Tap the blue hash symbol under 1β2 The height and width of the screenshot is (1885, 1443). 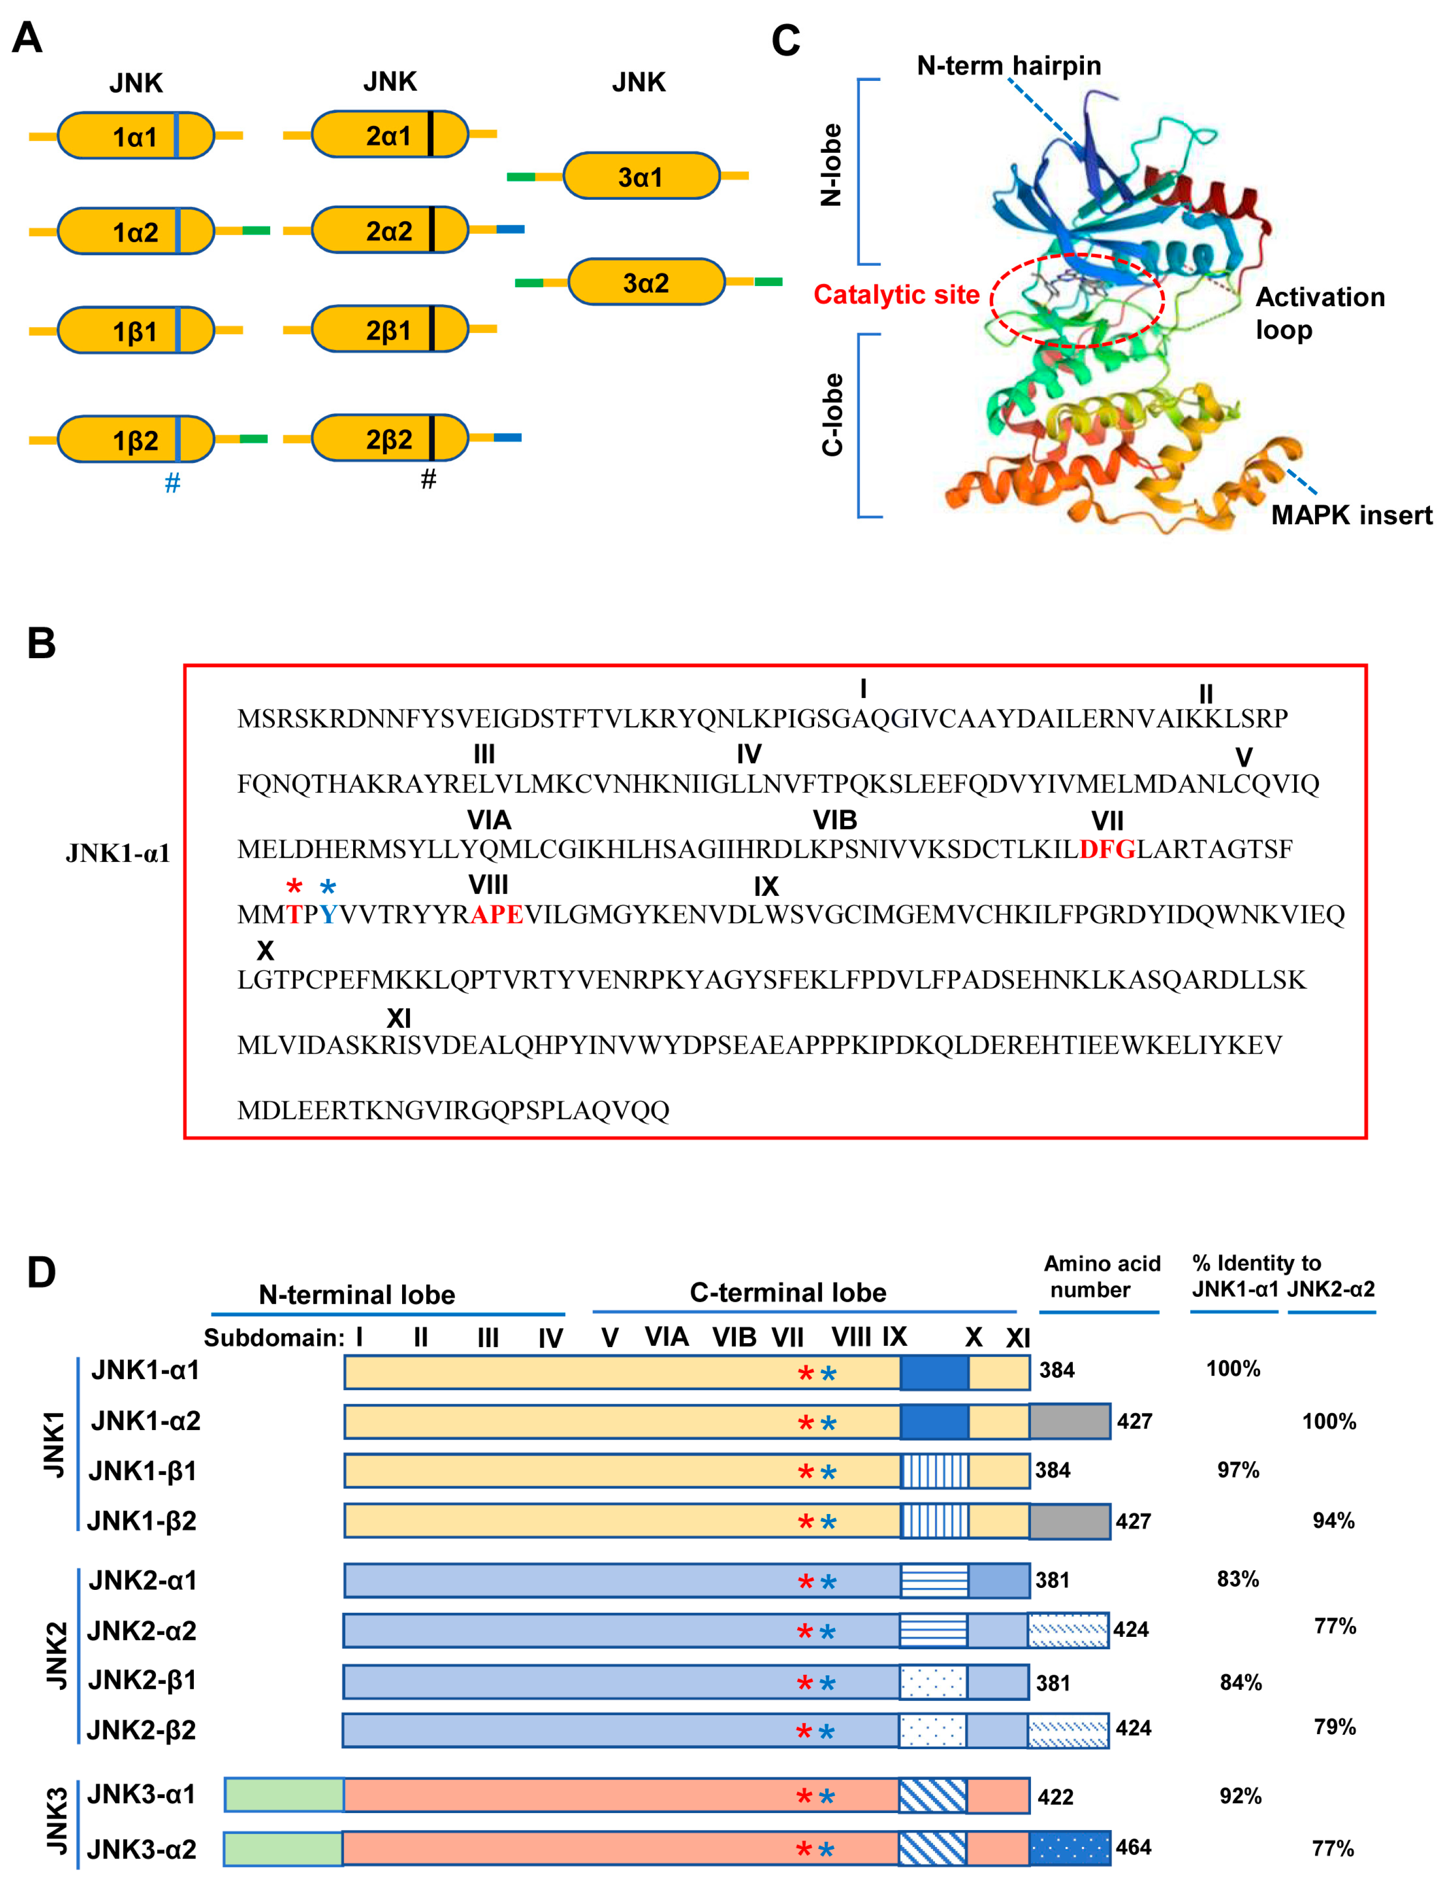pos(173,483)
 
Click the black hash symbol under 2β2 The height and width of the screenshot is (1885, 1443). pos(429,479)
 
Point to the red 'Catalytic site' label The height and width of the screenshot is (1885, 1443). pos(896,295)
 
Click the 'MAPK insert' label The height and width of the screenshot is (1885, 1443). pos(1351,515)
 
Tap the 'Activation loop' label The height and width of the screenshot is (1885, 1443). pos(1319,313)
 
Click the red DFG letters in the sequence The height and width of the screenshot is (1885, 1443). pos(1107,849)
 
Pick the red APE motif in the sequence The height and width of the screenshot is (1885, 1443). pos(496,915)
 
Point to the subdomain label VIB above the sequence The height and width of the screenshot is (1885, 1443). pos(835,820)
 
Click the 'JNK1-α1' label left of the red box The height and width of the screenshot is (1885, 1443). pos(118,853)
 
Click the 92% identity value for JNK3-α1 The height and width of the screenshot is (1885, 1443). pos(1240,1796)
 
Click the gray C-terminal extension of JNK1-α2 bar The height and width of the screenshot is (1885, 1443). pos(1069,1421)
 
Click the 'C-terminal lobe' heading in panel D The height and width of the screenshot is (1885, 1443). pos(788,1292)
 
